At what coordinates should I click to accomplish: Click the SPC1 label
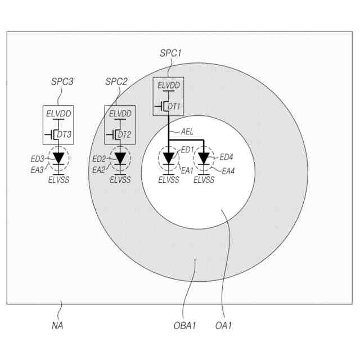[171, 55]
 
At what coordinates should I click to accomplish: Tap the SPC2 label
[116, 82]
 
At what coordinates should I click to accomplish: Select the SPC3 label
[58, 82]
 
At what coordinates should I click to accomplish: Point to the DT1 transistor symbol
[165, 106]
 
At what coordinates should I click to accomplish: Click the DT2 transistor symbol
[116, 134]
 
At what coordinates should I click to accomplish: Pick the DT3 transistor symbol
[55, 134]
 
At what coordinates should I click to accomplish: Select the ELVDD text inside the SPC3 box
[58, 114]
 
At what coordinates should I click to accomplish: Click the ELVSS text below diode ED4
[204, 180]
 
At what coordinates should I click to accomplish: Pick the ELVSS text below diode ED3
[58, 180]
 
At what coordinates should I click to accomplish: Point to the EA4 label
[228, 170]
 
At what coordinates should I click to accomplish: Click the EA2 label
[98, 169]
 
